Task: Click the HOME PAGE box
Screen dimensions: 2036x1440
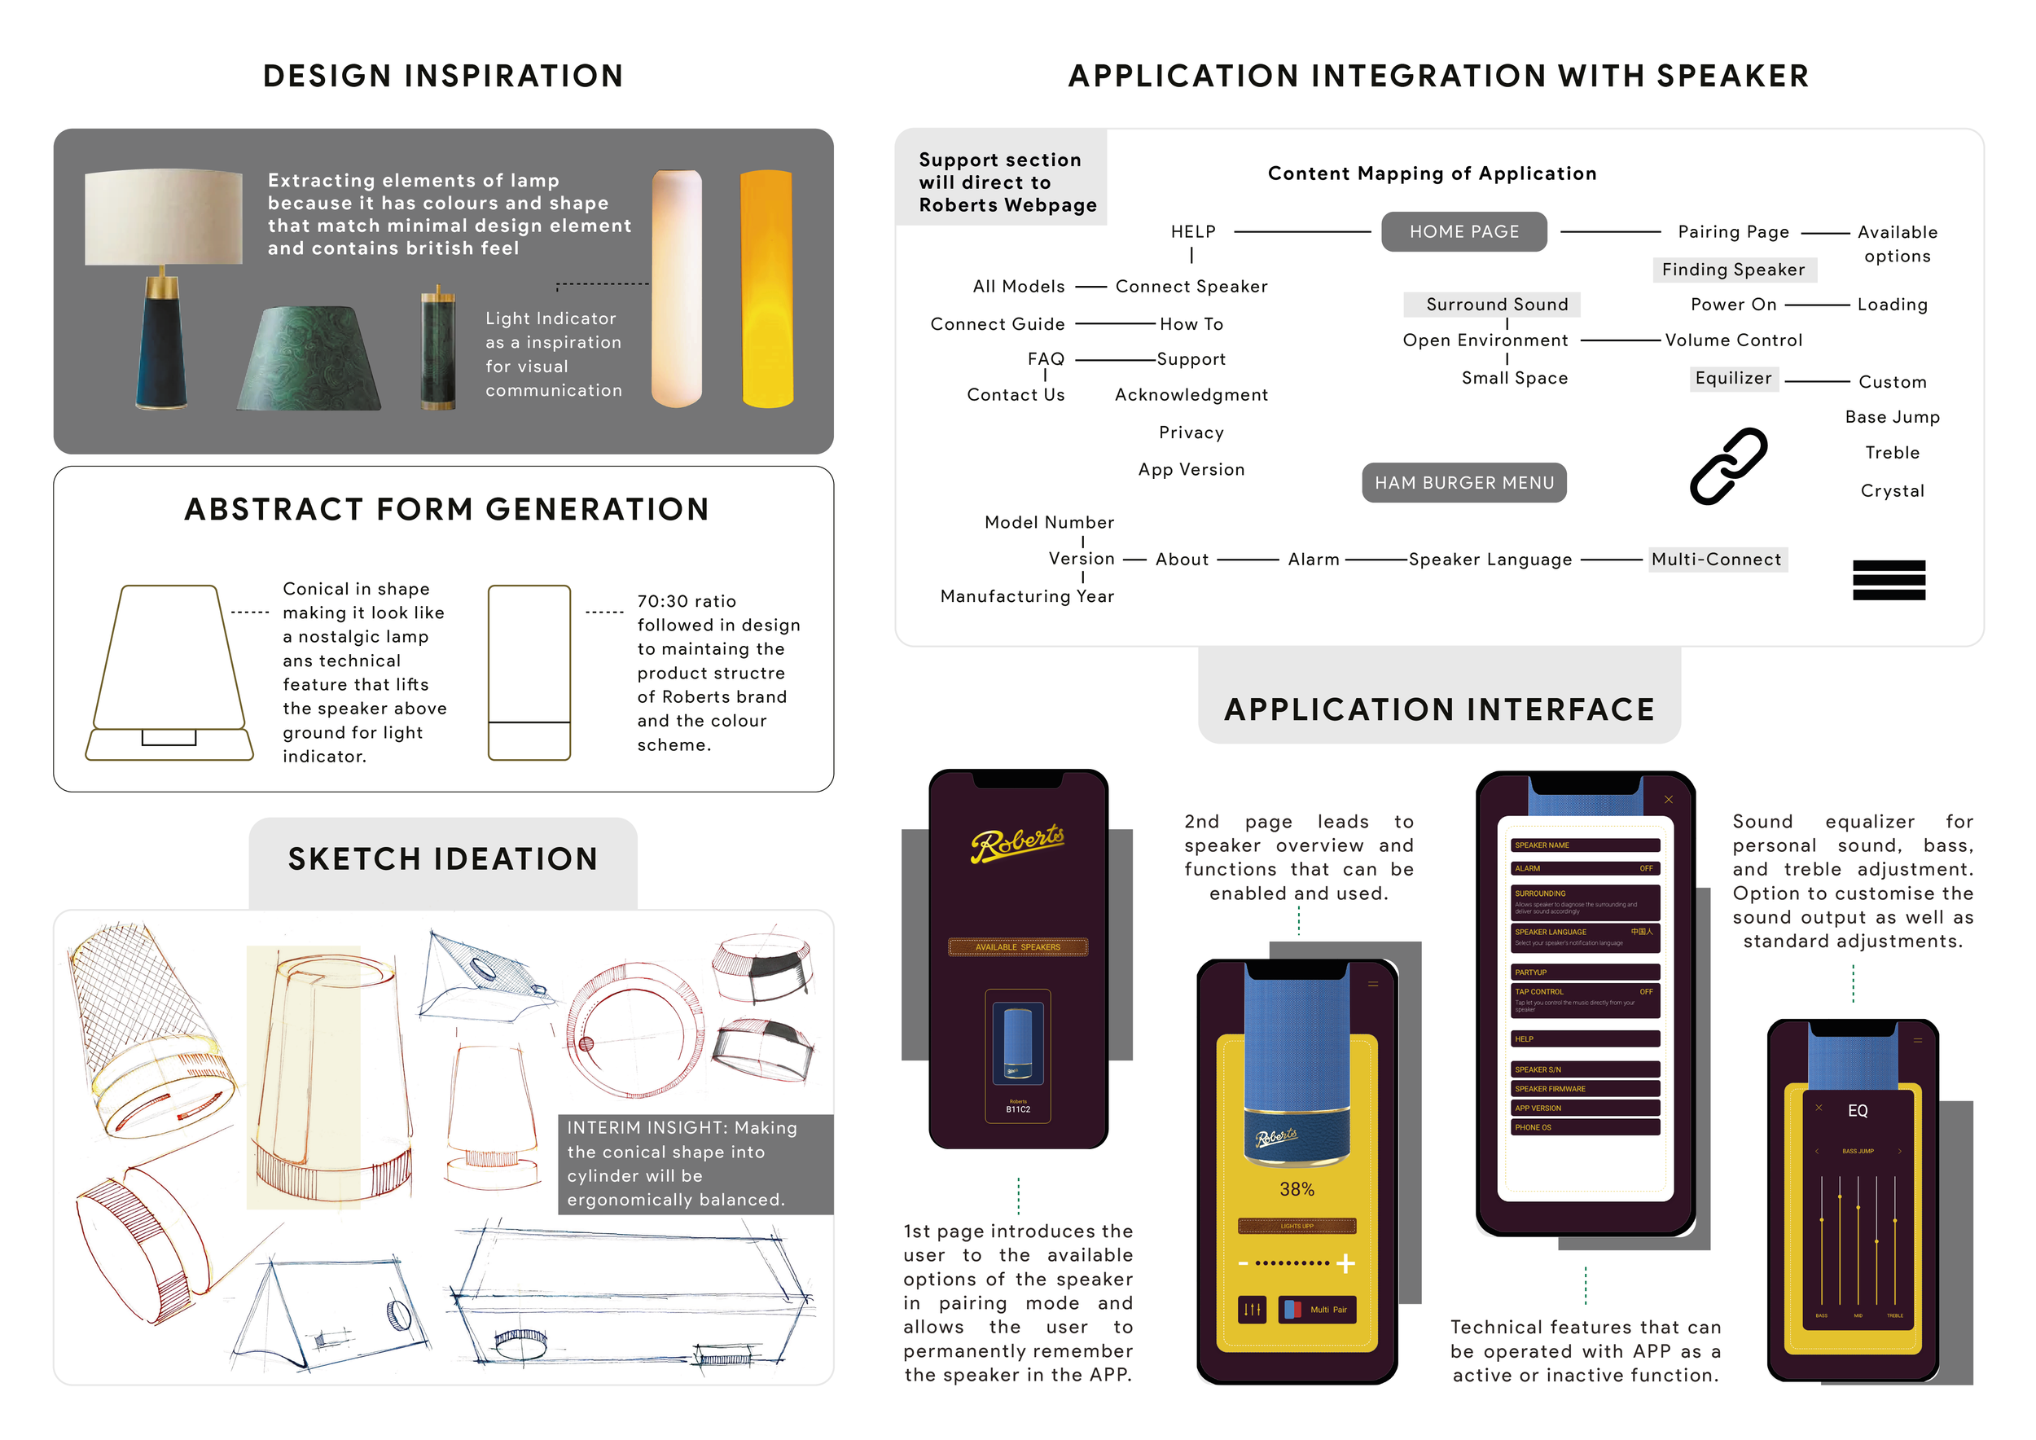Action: click(1463, 231)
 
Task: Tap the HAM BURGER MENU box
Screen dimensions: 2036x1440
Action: click(1463, 482)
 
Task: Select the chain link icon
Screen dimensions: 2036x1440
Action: click(1727, 467)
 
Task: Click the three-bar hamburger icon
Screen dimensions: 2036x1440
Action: click(1888, 580)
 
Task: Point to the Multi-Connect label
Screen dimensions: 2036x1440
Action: click(1716, 560)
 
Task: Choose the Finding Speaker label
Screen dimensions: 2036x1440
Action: click(1733, 270)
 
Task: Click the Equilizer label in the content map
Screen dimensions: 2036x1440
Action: click(1733, 379)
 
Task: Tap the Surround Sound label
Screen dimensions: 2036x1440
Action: click(1496, 304)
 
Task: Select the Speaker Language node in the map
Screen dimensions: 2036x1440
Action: click(1490, 560)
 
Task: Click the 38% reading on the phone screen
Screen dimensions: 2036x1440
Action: click(1297, 1190)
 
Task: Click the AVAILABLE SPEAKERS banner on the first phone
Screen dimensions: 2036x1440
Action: click(1017, 947)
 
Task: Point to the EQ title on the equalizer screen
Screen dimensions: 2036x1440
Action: click(1857, 1111)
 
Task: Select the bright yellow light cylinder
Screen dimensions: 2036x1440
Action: click(766, 288)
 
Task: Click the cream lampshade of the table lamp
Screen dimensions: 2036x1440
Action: click(163, 217)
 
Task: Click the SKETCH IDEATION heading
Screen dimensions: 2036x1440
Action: click(442, 858)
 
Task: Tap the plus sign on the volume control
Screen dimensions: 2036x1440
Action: click(1345, 1262)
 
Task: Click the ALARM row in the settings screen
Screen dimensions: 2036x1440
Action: click(1584, 869)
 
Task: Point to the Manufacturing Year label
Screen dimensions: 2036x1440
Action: click(1027, 597)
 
